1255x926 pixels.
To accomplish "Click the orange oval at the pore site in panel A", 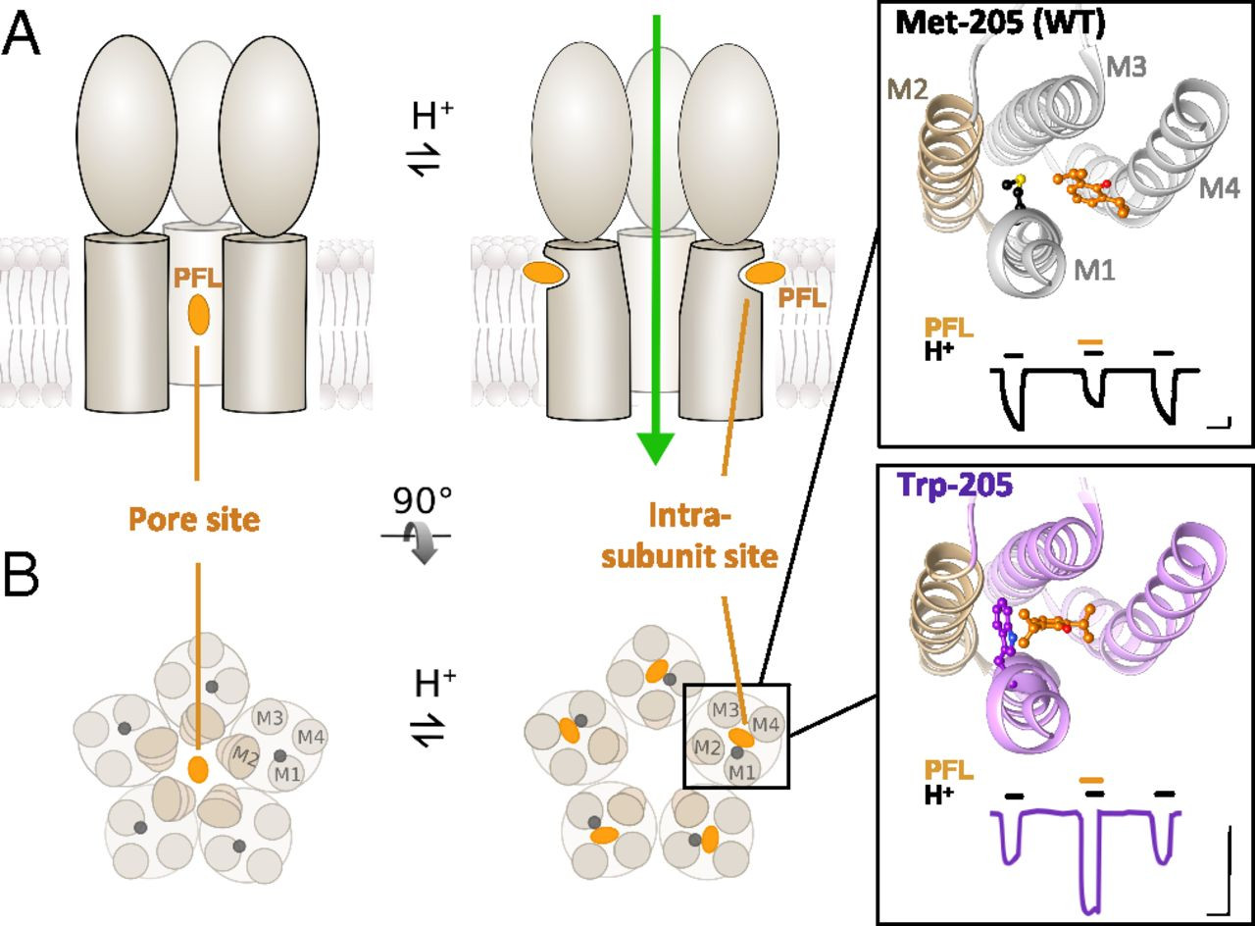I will tap(199, 314).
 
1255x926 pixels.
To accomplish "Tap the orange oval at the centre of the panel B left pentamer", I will tap(198, 768).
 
